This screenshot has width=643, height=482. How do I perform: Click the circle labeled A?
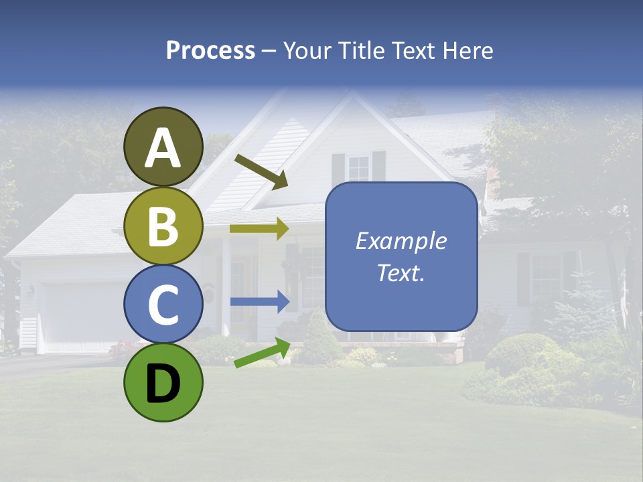[x=163, y=147]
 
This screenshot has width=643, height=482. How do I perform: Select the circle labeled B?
[x=163, y=226]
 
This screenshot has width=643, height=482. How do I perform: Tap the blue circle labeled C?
[x=163, y=304]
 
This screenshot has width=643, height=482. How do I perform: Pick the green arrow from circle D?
[x=262, y=353]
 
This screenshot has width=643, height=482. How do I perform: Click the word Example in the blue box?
[x=401, y=241]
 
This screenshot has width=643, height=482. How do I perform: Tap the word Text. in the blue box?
[x=401, y=273]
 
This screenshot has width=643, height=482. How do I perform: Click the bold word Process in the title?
[x=210, y=50]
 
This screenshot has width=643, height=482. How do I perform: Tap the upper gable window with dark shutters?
[x=358, y=167]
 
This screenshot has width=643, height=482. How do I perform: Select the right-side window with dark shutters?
[x=547, y=278]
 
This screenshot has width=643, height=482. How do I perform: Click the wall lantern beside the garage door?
[x=31, y=291]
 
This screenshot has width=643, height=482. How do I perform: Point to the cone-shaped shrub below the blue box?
[x=320, y=338]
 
